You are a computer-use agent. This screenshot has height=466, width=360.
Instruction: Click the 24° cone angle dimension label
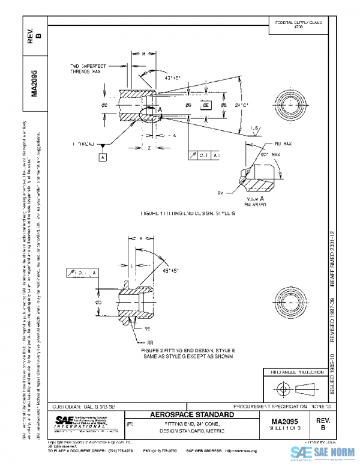(241, 105)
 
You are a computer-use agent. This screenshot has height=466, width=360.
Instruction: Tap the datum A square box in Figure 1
(103, 157)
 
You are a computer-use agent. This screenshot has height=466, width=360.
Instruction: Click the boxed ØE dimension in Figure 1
(206, 105)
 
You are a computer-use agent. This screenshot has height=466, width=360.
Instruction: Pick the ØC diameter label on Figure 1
(104, 105)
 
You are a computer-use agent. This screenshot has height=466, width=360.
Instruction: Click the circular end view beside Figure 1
(292, 104)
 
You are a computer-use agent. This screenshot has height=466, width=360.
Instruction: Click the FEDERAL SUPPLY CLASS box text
(299, 25)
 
